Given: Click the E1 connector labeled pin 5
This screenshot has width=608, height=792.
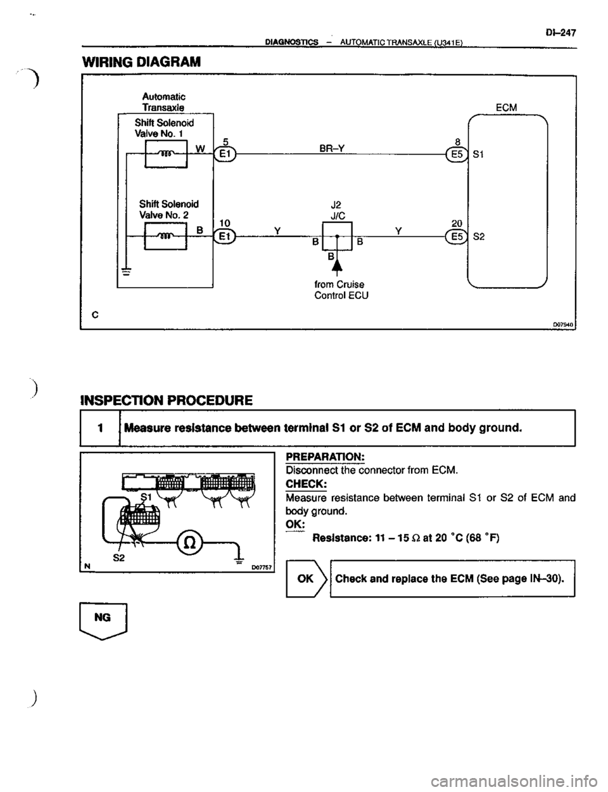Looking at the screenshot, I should [226, 156].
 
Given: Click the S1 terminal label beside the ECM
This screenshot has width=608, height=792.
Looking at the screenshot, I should [481, 156].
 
